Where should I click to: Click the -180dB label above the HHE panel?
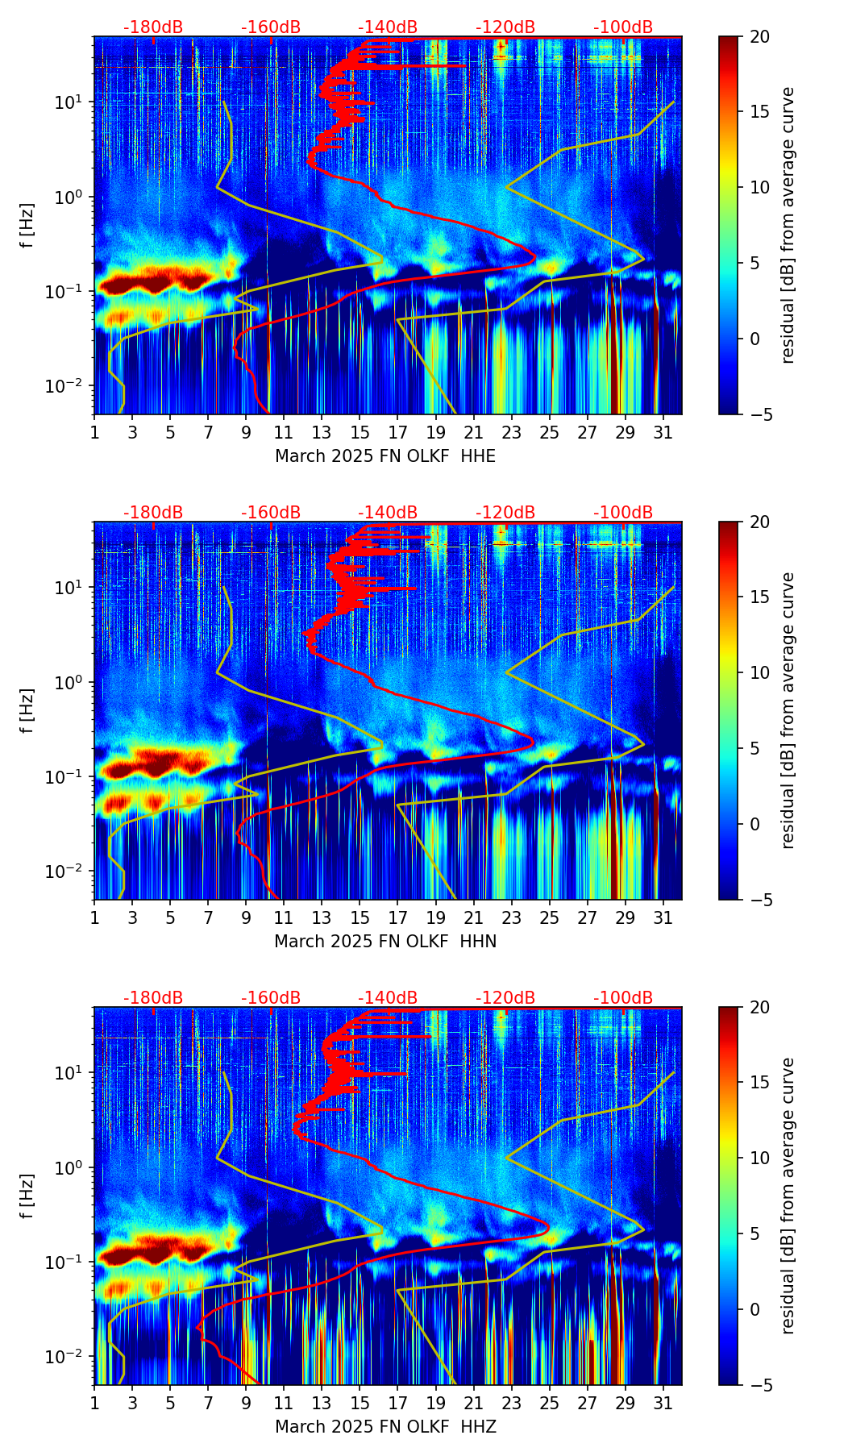pyautogui.click(x=153, y=27)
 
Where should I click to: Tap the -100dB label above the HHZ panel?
pyautogui.click(x=623, y=998)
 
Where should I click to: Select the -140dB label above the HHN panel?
pyautogui.click(x=388, y=513)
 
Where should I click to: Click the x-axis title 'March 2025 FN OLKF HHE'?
pyautogui.click(x=385, y=456)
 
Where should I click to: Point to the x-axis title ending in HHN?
pyautogui.click(x=385, y=942)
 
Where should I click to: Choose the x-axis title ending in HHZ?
pyautogui.click(x=385, y=1427)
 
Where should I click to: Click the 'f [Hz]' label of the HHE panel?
pyautogui.click(x=27, y=225)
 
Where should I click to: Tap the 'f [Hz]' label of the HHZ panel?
pyautogui.click(x=27, y=1196)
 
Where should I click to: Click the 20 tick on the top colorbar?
pyautogui.click(x=759, y=37)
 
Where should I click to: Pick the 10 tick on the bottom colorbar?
pyautogui.click(x=759, y=1159)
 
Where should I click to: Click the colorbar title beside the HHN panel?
pyautogui.click(x=788, y=710)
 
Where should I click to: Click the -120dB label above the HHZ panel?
pyautogui.click(x=505, y=998)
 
